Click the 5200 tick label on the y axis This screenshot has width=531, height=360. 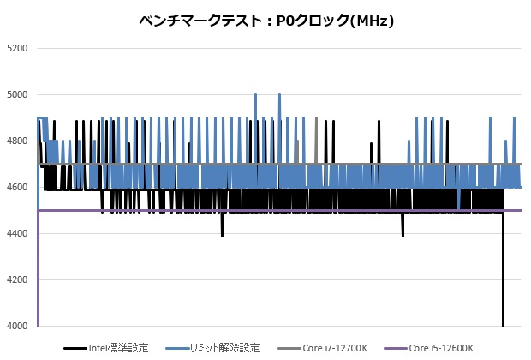click(17, 48)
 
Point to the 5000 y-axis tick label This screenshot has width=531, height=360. click(17, 94)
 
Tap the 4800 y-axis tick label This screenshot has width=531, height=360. click(17, 141)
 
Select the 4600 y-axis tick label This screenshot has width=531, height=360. click(17, 187)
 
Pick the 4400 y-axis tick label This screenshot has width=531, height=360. click(17, 233)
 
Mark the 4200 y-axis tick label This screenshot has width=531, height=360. click(17, 279)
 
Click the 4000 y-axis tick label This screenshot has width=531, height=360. click(17, 326)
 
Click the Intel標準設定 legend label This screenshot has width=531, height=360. click(118, 348)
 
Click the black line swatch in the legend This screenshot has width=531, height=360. click(75, 348)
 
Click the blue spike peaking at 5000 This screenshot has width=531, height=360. click(255, 96)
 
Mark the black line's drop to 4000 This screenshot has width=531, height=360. click(503, 321)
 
